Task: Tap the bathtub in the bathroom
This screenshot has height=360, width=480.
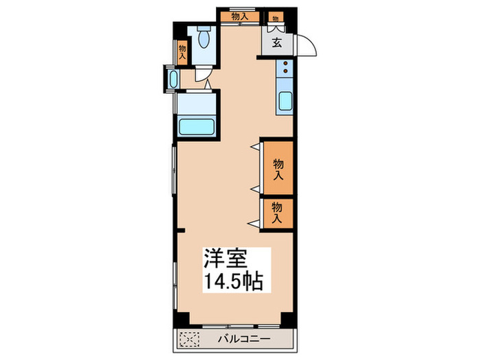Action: (197, 127)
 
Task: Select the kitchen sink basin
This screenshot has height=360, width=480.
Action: (286, 101)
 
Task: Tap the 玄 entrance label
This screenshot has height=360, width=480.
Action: (276, 44)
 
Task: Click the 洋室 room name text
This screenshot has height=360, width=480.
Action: (221, 259)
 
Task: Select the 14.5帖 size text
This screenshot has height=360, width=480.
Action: (232, 281)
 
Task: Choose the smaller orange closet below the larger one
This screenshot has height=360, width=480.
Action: (278, 212)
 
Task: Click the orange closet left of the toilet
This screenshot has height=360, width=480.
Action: (182, 52)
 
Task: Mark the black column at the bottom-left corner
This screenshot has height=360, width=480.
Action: (180, 318)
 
